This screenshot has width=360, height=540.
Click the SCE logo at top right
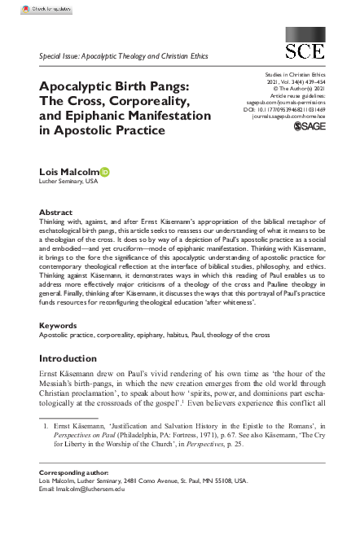pos(303,46)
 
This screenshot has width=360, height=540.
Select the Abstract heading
pos(56,211)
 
